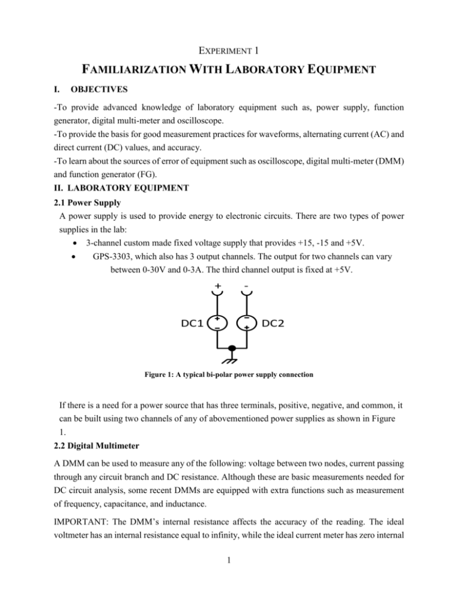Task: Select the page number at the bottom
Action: pos(229,577)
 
